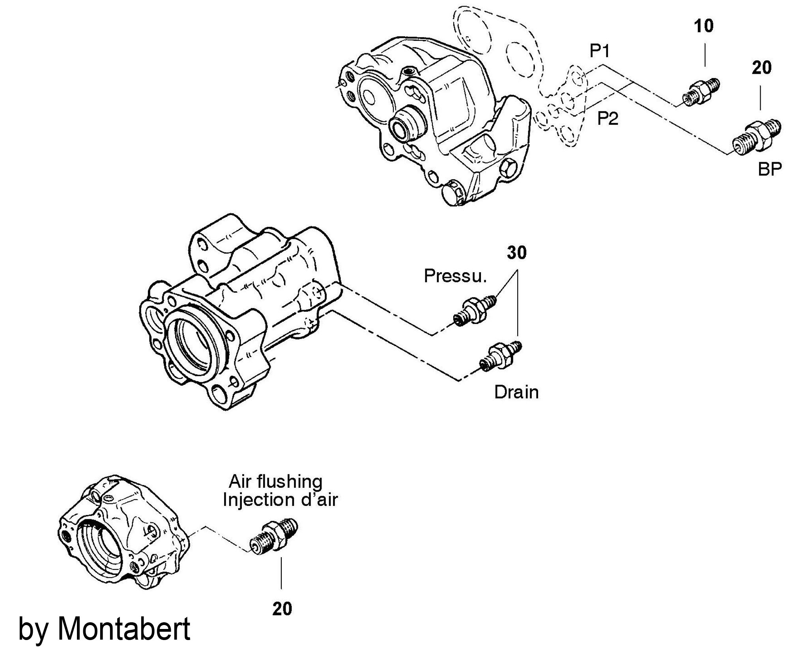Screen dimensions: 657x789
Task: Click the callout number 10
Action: coord(704,26)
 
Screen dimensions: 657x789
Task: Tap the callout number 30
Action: coord(517,253)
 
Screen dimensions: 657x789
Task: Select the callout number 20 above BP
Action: coord(761,68)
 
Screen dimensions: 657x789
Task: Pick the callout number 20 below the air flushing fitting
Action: coord(282,608)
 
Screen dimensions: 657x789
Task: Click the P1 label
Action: coord(600,51)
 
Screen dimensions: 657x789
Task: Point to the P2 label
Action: coord(608,118)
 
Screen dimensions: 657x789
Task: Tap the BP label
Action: coord(770,169)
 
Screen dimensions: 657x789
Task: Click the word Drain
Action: coord(516,392)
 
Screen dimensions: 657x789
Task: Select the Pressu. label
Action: coord(455,276)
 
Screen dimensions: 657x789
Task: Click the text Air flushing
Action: coord(276,482)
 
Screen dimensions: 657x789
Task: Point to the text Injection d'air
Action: coord(280,500)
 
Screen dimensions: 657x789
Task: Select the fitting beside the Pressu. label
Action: coord(475,311)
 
